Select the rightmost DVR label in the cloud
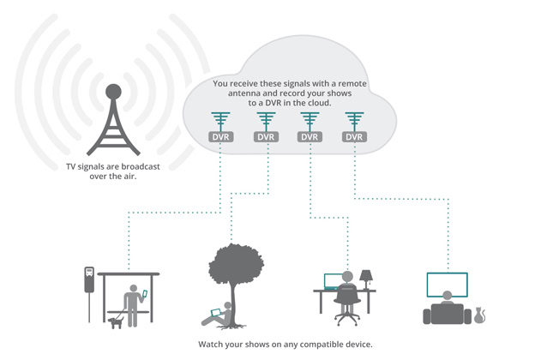(x=352, y=135)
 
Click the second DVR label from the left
(x=265, y=135)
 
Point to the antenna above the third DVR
(x=309, y=120)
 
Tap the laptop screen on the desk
(x=334, y=281)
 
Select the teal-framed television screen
(x=447, y=283)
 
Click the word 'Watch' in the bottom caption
(x=211, y=345)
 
